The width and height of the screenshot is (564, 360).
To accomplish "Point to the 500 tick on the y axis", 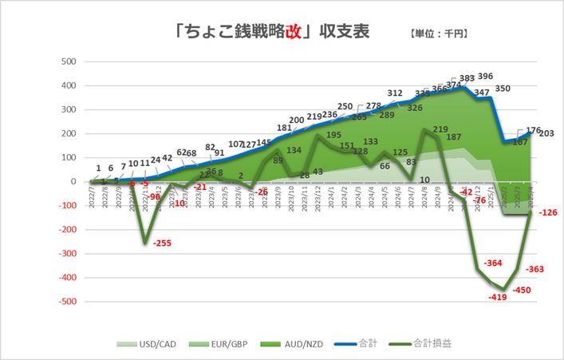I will click(69, 61).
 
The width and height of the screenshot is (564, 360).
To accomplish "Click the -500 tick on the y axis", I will click(67, 302).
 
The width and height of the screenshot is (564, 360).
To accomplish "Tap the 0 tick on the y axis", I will click(73, 182).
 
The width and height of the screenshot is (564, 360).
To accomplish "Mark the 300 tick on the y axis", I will click(69, 109).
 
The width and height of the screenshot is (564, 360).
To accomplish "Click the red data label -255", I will click(162, 243).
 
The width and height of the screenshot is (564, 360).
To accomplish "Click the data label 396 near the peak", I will click(484, 77).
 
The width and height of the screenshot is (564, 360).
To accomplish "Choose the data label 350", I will click(503, 89).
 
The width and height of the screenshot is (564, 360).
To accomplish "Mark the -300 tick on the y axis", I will click(67, 254).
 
